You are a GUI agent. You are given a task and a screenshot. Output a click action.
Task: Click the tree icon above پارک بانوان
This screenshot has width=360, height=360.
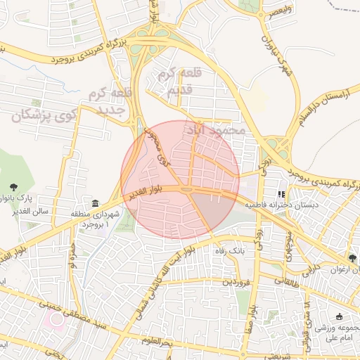pos(13,186)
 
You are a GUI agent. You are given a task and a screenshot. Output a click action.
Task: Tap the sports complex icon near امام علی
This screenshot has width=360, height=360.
pos(340,317)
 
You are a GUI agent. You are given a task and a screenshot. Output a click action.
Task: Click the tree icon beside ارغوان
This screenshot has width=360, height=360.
pos(352,258)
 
